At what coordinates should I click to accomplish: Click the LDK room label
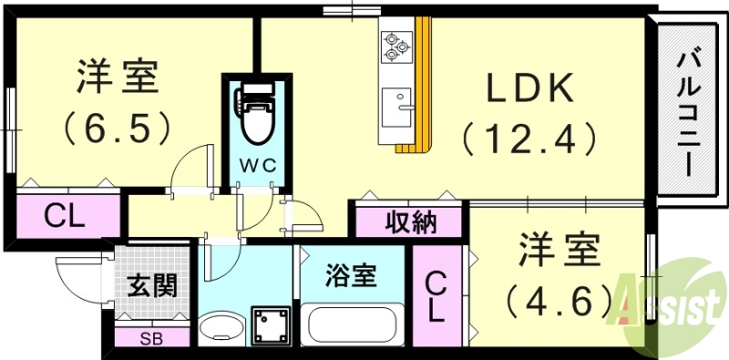tap(528, 88)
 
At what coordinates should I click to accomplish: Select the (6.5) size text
tap(118, 128)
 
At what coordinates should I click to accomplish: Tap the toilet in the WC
tap(254, 113)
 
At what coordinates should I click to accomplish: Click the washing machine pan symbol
tap(271, 324)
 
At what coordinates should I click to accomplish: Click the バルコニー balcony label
tap(688, 114)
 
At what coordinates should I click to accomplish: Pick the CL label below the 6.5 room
tap(65, 217)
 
